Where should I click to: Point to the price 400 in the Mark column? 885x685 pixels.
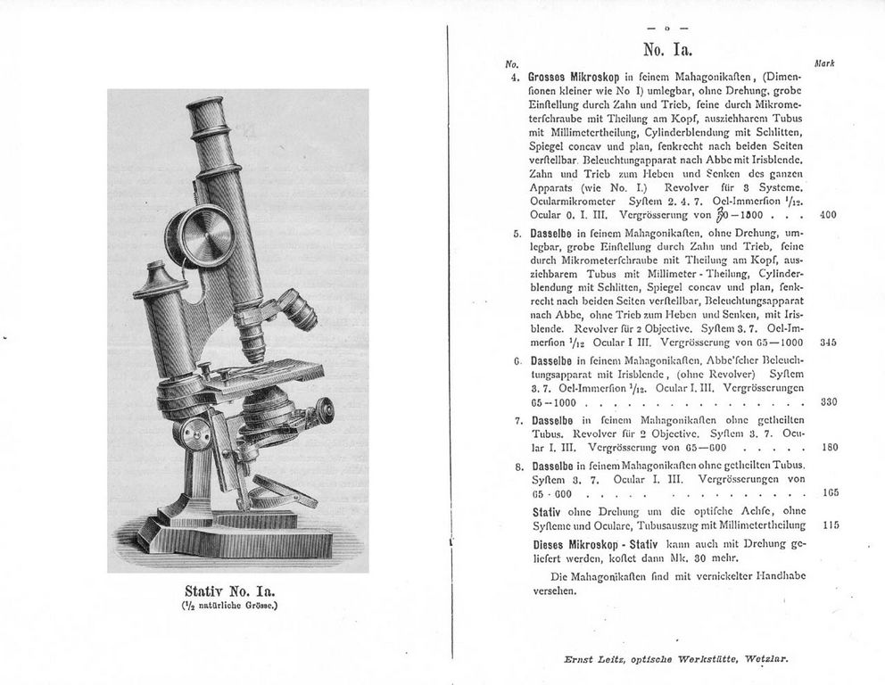click(827, 214)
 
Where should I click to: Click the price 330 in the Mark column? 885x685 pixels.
click(828, 401)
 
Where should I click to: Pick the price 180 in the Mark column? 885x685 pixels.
click(828, 447)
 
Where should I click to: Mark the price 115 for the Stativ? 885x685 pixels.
click(830, 525)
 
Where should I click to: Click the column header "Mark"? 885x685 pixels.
click(824, 63)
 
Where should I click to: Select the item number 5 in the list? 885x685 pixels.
click(517, 234)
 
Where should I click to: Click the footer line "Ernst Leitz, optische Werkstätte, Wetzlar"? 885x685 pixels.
click(676, 660)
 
